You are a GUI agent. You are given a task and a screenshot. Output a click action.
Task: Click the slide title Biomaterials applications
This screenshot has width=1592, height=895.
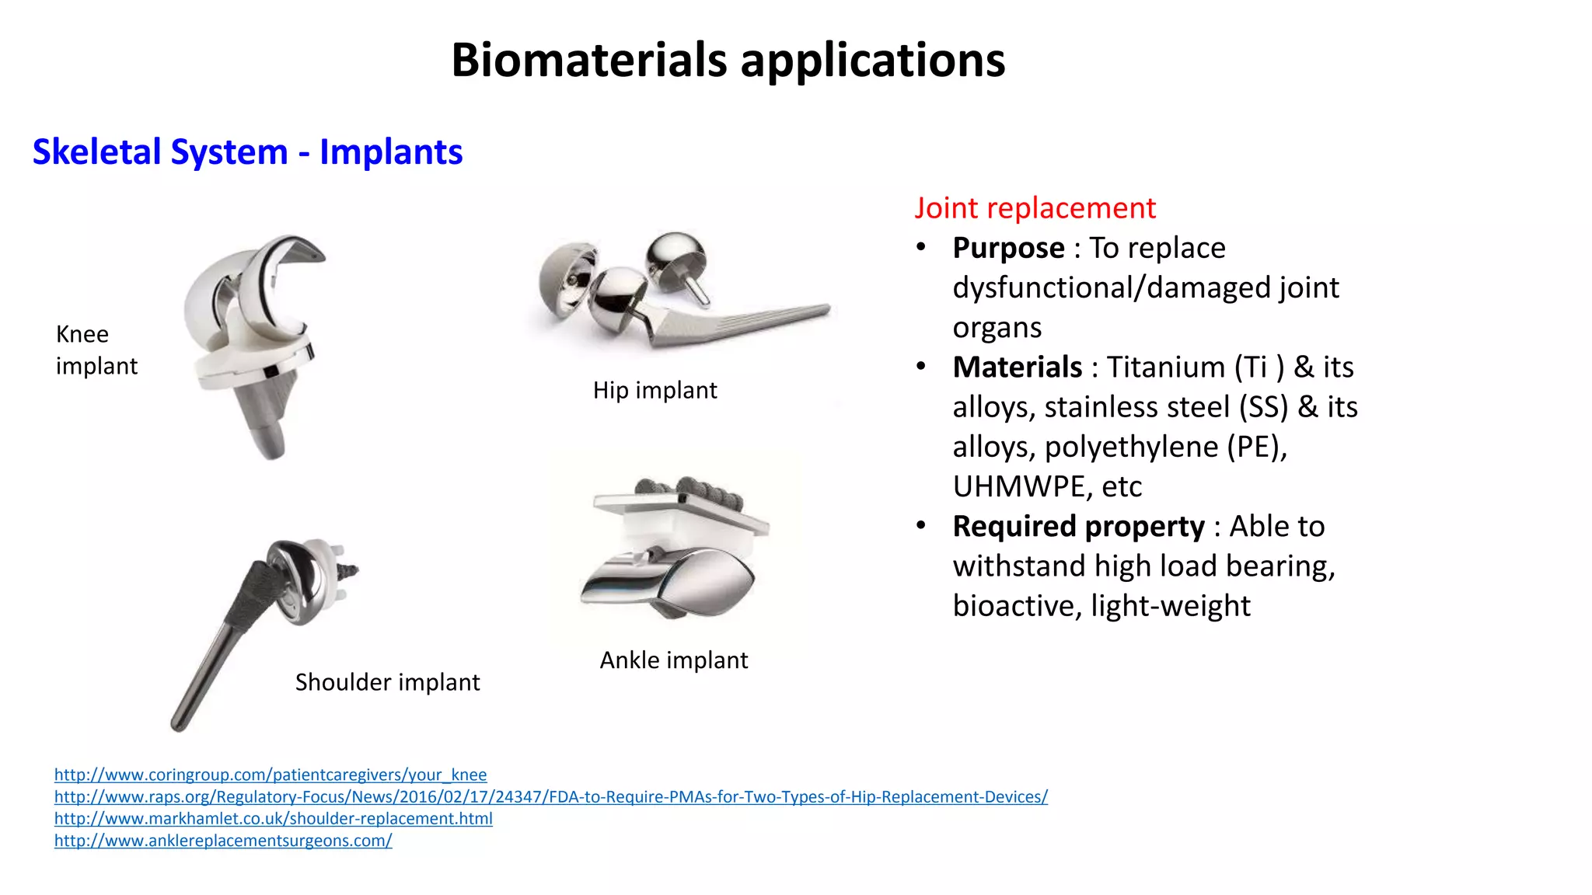tap(728, 61)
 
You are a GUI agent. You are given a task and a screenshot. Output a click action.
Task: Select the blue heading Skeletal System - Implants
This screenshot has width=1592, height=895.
tap(247, 151)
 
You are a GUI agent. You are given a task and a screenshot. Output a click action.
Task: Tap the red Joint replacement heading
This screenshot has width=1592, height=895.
tap(1034, 208)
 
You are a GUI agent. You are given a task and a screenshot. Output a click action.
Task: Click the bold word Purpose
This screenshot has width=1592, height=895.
tap(1008, 248)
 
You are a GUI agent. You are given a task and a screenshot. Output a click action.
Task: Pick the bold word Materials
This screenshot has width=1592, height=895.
tap(1017, 367)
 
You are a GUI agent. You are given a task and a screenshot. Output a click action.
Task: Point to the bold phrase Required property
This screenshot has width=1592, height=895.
tap(1078, 526)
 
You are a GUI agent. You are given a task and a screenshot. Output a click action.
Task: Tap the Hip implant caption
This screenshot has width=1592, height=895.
tap(655, 390)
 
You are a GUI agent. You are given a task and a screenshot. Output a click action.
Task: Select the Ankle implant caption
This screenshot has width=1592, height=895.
tap(673, 660)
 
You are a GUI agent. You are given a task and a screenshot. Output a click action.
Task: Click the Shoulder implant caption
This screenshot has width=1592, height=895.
tap(387, 682)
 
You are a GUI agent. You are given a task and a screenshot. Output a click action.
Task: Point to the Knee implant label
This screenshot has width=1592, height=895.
tap(96, 350)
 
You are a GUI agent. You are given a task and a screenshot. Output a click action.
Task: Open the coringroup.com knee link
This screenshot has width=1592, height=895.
tap(271, 775)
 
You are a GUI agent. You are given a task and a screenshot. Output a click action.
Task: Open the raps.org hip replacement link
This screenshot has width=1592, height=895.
tap(550, 796)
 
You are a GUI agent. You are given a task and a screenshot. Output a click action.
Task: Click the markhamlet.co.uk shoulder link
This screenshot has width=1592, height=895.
tap(273, 818)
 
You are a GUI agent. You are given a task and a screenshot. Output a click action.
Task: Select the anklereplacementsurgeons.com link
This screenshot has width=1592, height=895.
tap(223, 840)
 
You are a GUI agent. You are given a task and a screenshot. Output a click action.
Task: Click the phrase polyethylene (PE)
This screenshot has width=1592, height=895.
tap(1164, 447)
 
